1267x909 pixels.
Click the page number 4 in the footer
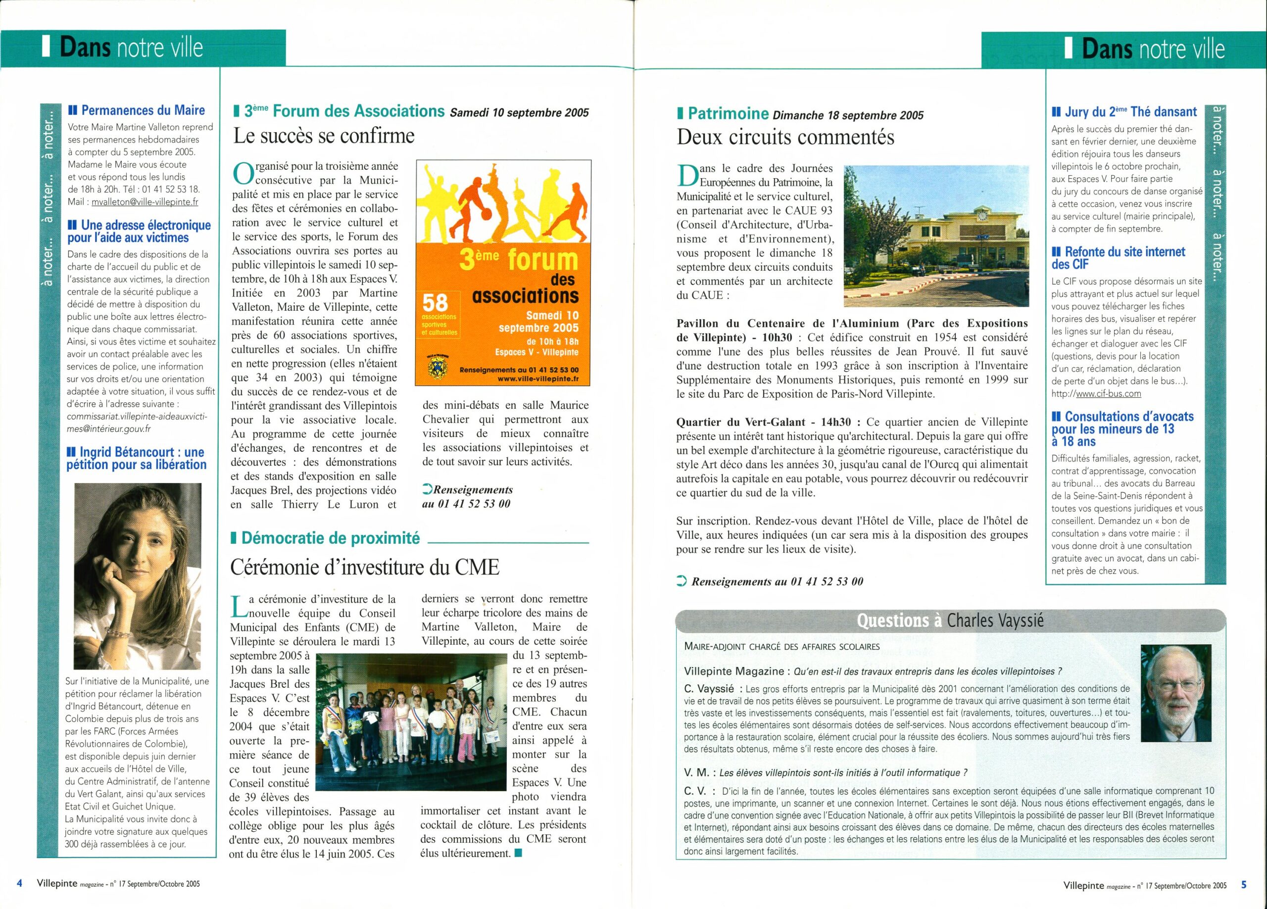[20, 884]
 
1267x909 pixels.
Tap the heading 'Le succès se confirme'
[324, 136]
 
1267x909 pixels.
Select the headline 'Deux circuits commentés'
[785, 138]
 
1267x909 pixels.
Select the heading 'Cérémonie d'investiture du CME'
[364, 568]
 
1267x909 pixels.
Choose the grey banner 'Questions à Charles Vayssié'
[950, 621]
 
